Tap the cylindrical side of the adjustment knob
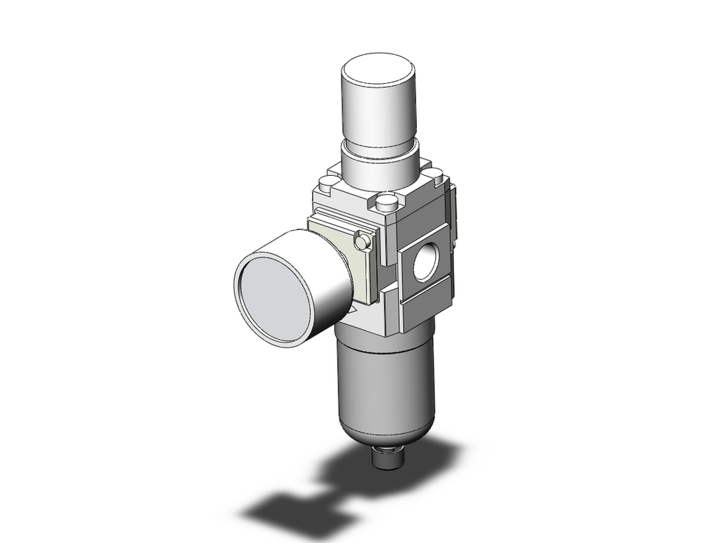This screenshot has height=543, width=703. click(380, 113)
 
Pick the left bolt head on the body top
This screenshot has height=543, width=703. click(325, 185)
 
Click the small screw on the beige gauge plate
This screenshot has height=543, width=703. click(363, 241)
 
